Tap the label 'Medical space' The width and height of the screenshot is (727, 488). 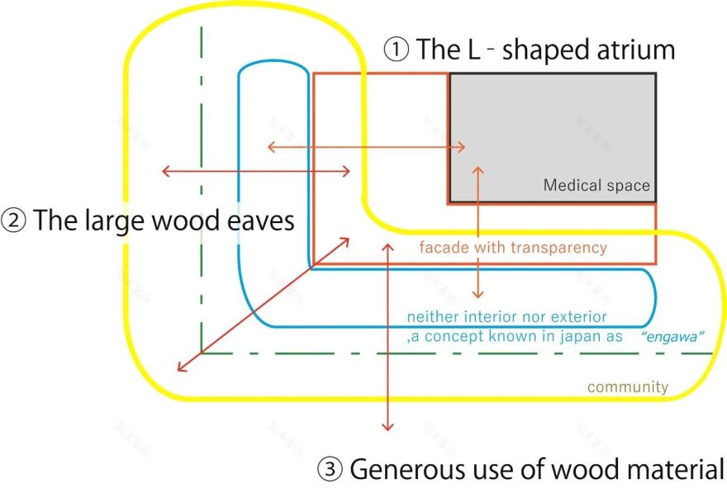click(x=596, y=186)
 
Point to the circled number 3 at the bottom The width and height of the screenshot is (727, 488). click(x=330, y=470)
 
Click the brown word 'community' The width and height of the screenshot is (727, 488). click(x=628, y=386)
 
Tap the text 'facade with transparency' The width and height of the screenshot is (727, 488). click(x=512, y=248)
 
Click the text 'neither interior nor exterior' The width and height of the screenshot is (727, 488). click(x=506, y=317)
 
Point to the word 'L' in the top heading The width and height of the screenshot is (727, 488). click(x=474, y=50)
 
